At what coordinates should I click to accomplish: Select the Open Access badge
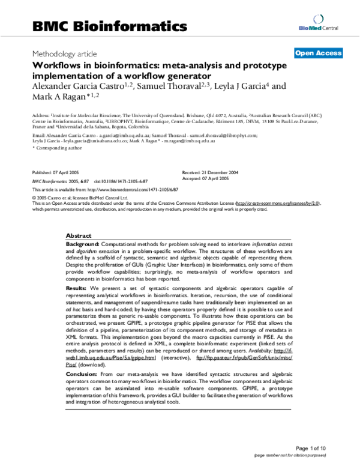(318, 53)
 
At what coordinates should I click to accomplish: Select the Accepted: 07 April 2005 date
(206, 178)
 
